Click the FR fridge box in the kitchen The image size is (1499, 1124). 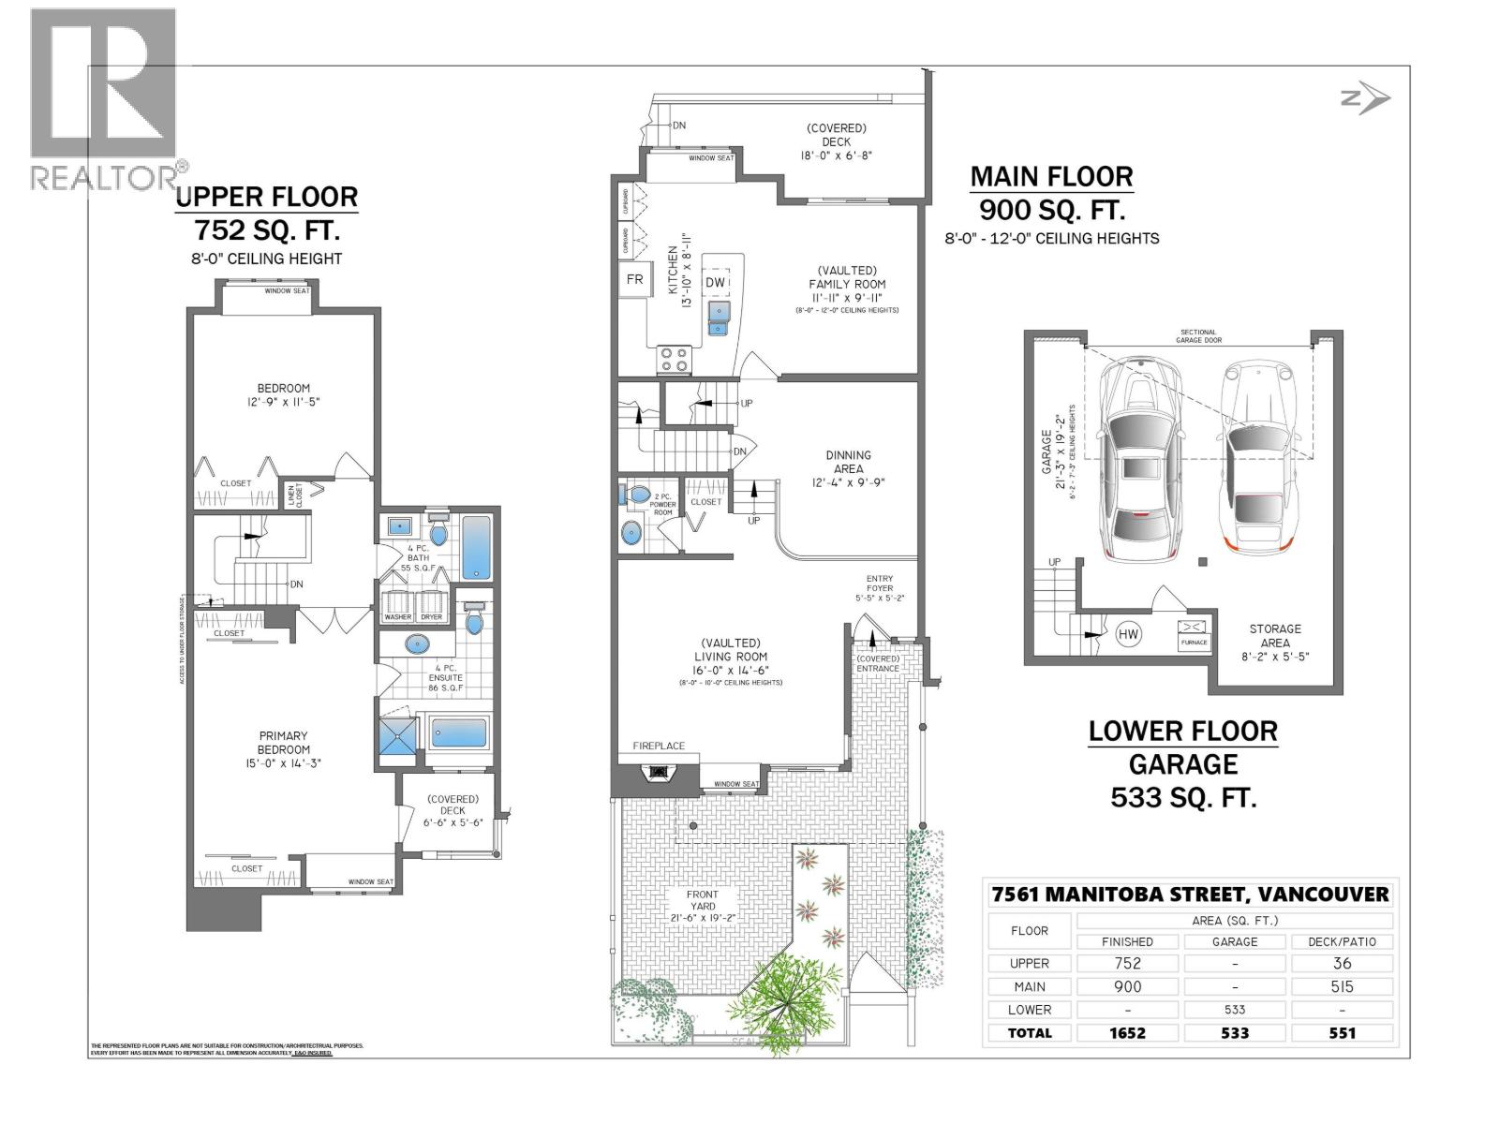634,279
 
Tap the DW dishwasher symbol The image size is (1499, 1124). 716,282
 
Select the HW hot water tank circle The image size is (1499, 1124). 1128,634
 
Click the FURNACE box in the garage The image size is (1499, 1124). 1194,635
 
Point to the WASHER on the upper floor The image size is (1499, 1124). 398,604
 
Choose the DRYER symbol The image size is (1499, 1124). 431,604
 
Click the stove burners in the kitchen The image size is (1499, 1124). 675,360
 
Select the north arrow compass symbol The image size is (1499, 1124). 1366,98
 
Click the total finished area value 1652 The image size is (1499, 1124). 1127,1032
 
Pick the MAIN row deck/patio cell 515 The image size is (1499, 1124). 1342,986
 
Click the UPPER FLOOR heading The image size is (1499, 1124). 267,197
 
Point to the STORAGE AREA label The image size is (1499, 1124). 1274,636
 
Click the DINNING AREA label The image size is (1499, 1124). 848,462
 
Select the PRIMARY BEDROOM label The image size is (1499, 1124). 283,743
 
